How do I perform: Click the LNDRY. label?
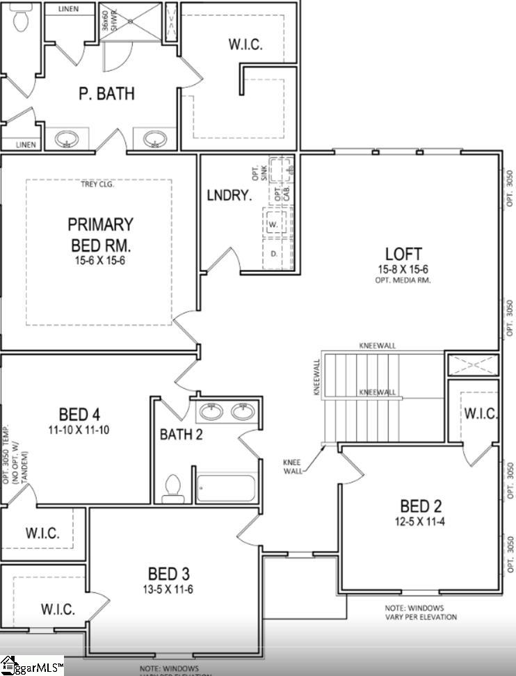(x=228, y=195)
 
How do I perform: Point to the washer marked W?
(x=273, y=224)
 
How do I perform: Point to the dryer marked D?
(x=273, y=254)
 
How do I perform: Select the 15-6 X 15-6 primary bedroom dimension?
(x=100, y=261)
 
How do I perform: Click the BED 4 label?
(x=79, y=413)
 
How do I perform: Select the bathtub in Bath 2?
(x=225, y=488)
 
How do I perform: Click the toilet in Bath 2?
(x=172, y=489)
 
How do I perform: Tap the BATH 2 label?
(x=182, y=435)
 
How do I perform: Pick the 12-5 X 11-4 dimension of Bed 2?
(x=420, y=521)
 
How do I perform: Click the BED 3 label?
(x=168, y=574)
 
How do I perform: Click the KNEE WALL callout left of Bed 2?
(x=293, y=465)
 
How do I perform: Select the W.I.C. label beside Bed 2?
(x=481, y=414)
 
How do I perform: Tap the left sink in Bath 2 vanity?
(x=211, y=412)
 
